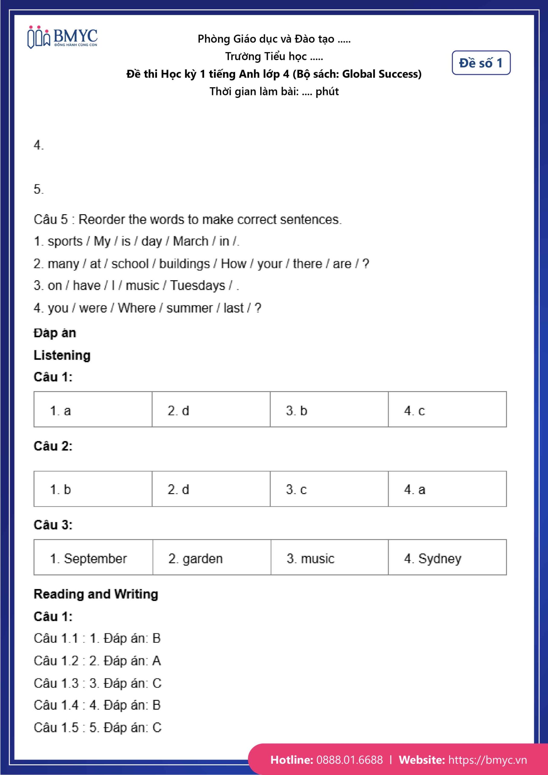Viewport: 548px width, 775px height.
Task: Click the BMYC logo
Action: pos(62,38)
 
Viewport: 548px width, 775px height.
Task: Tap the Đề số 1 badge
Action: pos(481,63)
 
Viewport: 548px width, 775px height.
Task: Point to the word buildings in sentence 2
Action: pos(184,264)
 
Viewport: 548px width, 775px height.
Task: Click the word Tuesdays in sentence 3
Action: pos(197,285)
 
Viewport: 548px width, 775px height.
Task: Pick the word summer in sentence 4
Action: pos(189,308)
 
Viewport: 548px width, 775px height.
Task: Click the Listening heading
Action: pos(62,355)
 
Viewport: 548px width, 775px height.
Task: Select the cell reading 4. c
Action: pos(447,409)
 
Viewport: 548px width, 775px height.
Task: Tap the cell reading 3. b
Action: pos(329,409)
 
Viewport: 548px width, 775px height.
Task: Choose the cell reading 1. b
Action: pos(93,489)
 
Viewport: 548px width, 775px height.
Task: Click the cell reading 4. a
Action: pos(447,489)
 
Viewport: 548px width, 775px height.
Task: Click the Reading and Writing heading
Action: pos(96,594)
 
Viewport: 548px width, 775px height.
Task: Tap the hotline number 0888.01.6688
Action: pos(349,760)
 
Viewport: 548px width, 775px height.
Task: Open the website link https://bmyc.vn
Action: pos(487,760)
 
